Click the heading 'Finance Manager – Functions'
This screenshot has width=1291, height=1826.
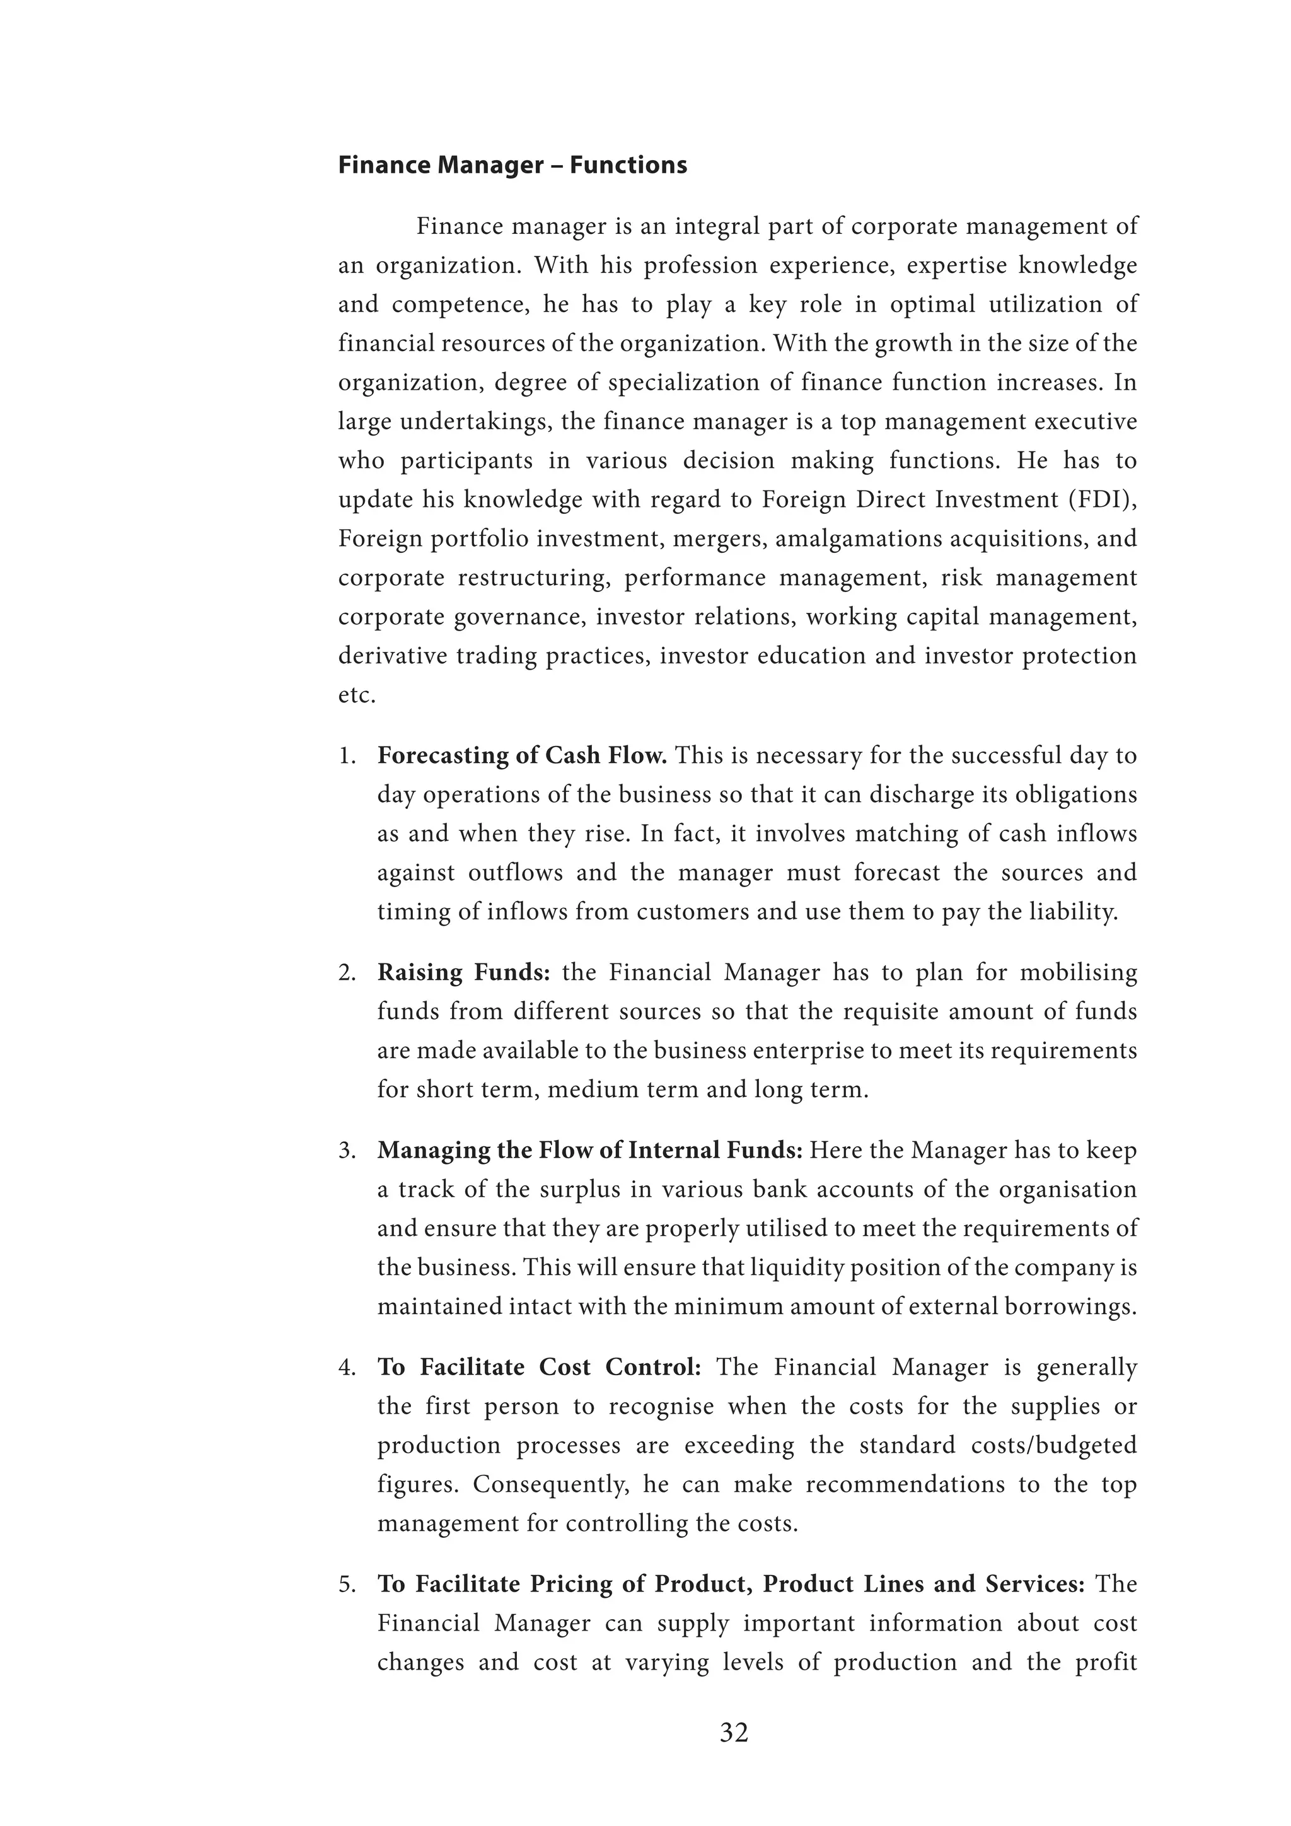512,165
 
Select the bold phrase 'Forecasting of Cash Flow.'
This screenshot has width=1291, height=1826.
521,755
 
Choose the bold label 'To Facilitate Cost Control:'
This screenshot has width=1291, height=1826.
539,1367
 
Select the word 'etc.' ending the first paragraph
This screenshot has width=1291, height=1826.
357,695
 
